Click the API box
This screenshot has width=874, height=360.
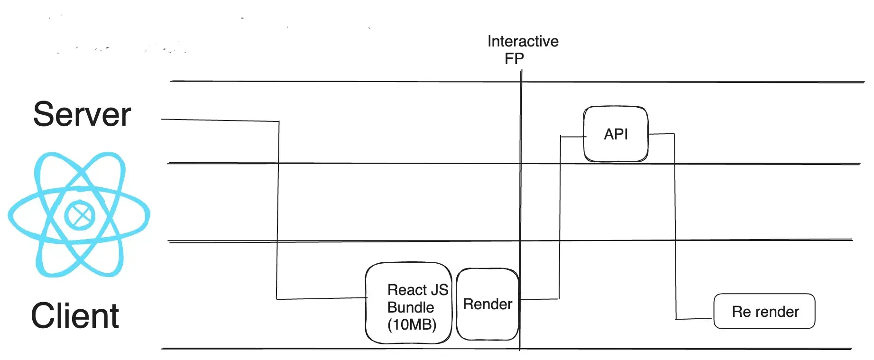(616, 134)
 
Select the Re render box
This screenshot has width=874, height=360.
(764, 311)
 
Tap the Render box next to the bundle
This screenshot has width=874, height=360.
(488, 304)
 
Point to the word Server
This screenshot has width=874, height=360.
(82, 114)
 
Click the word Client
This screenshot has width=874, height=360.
(75, 316)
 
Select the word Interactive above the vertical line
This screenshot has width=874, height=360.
(523, 41)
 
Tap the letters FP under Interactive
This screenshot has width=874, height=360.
(514, 59)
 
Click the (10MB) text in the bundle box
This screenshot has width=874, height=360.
(412, 325)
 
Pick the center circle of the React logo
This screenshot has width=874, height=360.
(80, 215)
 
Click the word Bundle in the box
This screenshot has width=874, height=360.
(410, 307)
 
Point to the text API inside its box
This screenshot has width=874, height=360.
(616, 134)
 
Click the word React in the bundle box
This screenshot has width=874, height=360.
(407, 290)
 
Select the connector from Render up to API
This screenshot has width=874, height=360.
(560, 213)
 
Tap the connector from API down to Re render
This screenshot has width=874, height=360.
(675, 228)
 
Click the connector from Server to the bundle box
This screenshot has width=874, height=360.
(278, 209)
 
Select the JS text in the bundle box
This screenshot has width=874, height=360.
(440, 290)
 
